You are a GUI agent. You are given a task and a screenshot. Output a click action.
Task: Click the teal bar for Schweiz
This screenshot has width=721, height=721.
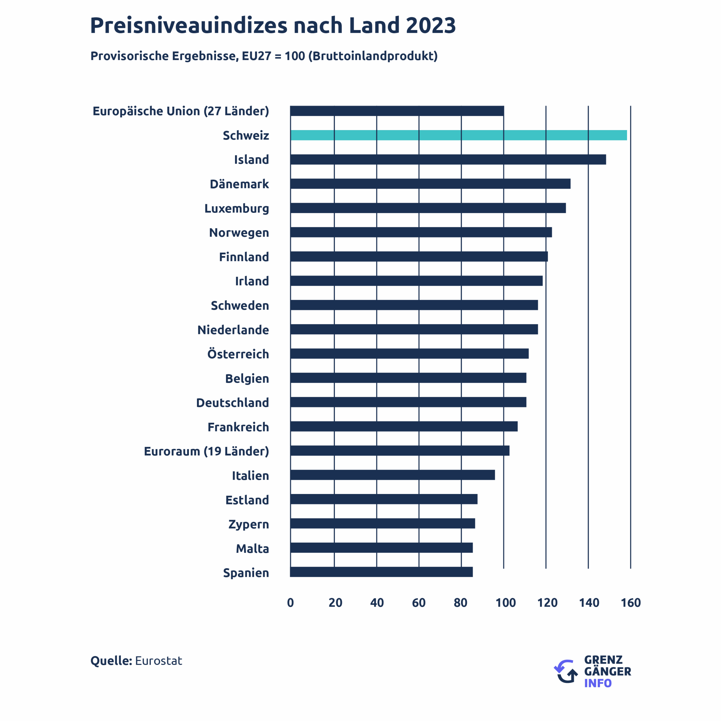(x=459, y=135)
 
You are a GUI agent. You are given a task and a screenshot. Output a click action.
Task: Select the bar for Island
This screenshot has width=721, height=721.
(x=448, y=159)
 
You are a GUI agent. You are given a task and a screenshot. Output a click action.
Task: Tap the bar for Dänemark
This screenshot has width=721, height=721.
(x=430, y=184)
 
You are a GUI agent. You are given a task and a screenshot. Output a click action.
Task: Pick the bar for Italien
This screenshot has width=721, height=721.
(x=393, y=475)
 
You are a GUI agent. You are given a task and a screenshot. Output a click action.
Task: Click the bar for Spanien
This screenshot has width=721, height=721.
(x=381, y=572)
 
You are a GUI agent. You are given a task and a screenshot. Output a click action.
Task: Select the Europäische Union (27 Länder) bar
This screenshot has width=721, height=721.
(x=397, y=111)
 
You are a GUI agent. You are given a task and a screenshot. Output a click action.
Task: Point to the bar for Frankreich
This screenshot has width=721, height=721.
(x=404, y=426)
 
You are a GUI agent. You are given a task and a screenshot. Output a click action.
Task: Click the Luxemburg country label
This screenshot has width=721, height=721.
(x=236, y=208)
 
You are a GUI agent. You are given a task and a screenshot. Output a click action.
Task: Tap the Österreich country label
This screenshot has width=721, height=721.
(x=238, y=354)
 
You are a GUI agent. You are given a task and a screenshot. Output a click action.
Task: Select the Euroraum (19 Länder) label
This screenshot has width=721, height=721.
(x=206, y=451)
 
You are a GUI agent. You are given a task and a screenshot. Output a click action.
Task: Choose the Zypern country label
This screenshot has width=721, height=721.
(x=249, y=524)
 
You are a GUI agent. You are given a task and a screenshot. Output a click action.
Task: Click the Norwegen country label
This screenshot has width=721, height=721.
(x=239, y=232)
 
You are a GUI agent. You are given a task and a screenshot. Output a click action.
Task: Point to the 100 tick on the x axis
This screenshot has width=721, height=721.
(x=505, y=602)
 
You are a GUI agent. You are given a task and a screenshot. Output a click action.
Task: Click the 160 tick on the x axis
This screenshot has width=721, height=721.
(x=630, y=602)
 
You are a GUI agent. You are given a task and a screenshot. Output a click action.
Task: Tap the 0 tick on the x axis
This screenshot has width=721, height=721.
(x=291, y=602)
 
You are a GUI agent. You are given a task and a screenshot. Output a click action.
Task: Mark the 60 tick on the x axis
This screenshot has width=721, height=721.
(x=419, y=602)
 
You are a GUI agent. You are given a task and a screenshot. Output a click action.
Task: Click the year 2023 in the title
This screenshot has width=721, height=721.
(x=431, y=25)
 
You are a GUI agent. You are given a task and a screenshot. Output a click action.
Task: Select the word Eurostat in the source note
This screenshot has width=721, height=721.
(x=159, y=660)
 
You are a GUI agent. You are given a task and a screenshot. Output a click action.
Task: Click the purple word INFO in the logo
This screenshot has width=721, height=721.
(x=598, y=683)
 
